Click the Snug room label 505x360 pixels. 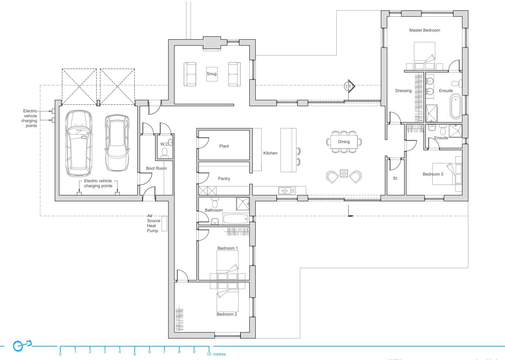pos(211,74)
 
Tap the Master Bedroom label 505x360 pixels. pos(424,30)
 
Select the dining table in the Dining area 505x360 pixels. pos(344,142)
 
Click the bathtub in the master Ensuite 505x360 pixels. pos(456,107)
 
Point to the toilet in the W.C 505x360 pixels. pos(165,152)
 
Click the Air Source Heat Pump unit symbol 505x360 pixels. pos(164,224)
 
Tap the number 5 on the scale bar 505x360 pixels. pos(135,354)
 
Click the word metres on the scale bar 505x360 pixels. pos(219,354)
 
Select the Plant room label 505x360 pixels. pos(224,146)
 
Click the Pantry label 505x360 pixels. pos(224,179)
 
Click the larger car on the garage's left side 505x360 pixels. pos(79,143)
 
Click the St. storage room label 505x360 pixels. pos(395,178)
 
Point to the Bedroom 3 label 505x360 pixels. pos(433,174)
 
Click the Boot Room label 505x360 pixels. pos(156,168)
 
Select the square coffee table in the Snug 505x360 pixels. pos(212,74)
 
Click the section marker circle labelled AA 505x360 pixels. pos(346,86)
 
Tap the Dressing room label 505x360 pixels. pos(403,91)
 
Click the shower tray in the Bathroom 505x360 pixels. pos(243,204)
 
